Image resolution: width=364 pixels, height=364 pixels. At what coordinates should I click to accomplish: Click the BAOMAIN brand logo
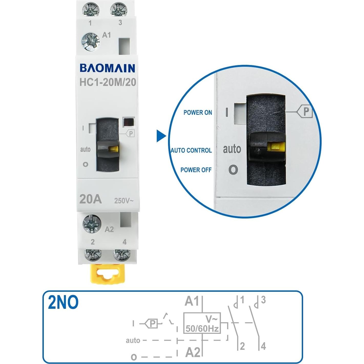[107, 68]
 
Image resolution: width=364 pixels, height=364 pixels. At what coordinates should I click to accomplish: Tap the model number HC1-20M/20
[108, 82]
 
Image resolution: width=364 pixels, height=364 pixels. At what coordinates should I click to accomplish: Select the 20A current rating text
[90, 199]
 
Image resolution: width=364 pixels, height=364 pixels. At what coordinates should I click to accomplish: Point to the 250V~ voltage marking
[124, 201]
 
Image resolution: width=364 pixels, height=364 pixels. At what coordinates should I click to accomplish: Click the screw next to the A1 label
[90, 41]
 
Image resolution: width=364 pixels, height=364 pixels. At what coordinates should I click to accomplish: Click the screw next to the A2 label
[92, 224]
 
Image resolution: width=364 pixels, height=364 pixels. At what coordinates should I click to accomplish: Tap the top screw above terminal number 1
[91, 10]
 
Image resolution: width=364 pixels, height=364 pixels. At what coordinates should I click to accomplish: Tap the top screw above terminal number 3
[119, 10]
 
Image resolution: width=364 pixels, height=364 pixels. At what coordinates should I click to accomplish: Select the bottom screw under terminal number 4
[122, 255]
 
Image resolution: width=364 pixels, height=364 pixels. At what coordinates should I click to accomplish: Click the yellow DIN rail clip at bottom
[108, 275]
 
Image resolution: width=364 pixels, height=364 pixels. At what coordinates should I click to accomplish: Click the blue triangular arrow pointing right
[161, 136]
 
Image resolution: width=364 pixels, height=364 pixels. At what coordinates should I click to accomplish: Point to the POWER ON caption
[197, 112]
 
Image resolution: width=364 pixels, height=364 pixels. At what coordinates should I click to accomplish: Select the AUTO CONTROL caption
[191, 150]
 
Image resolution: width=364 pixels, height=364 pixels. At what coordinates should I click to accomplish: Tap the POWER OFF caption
[196, 170]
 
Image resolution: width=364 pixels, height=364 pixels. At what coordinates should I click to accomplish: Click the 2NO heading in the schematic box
[63, 302]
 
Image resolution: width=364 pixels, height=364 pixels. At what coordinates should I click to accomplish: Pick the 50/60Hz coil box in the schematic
[202, 323]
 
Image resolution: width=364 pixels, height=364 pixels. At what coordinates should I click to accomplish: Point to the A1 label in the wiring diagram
[192, 301]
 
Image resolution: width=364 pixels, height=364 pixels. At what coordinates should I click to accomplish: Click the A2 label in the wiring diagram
[192, 352]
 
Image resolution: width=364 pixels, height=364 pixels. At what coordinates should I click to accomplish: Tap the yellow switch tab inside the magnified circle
[276, 147]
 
